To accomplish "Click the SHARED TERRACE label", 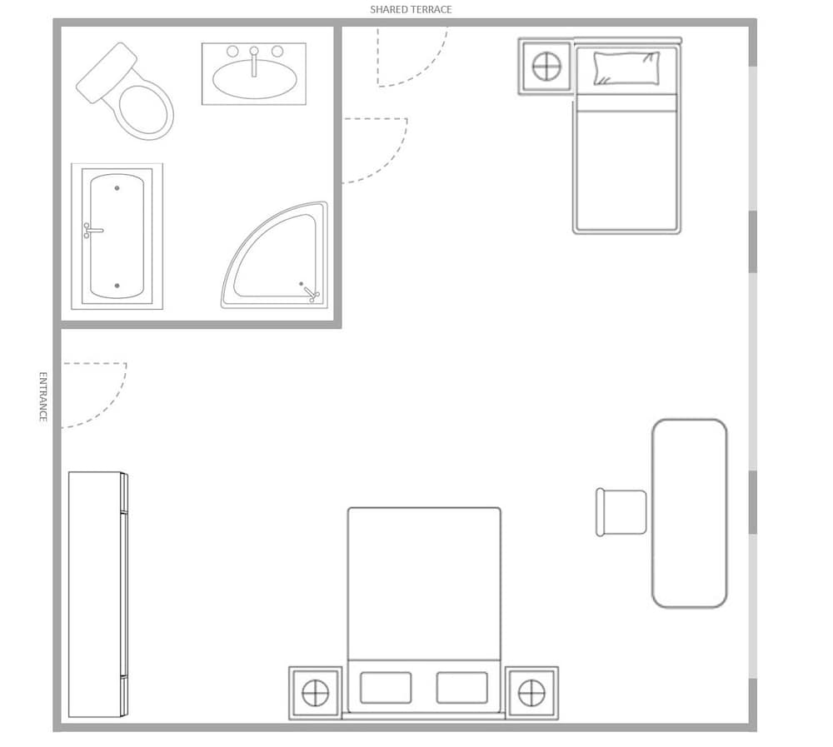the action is tap(411, 9).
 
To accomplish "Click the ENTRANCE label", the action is tap(43, 397).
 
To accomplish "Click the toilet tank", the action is tap(107, 72).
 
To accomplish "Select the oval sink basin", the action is tap(254, 79).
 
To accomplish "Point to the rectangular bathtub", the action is tap(117, 237).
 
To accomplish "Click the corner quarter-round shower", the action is tap(275, 255).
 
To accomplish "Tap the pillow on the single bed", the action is tap(626, 68).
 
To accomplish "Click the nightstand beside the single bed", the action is tap(546, 67).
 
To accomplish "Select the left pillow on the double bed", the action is tap(386, 688).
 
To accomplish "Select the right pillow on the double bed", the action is tap(462, 688).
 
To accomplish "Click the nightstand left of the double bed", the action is tap(316, 694).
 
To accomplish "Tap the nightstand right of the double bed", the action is tap(531, 694).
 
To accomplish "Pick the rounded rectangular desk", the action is tap(690, 513).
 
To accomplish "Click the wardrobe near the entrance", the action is tap(98, 595).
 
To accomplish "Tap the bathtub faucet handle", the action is tap(93, 231).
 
